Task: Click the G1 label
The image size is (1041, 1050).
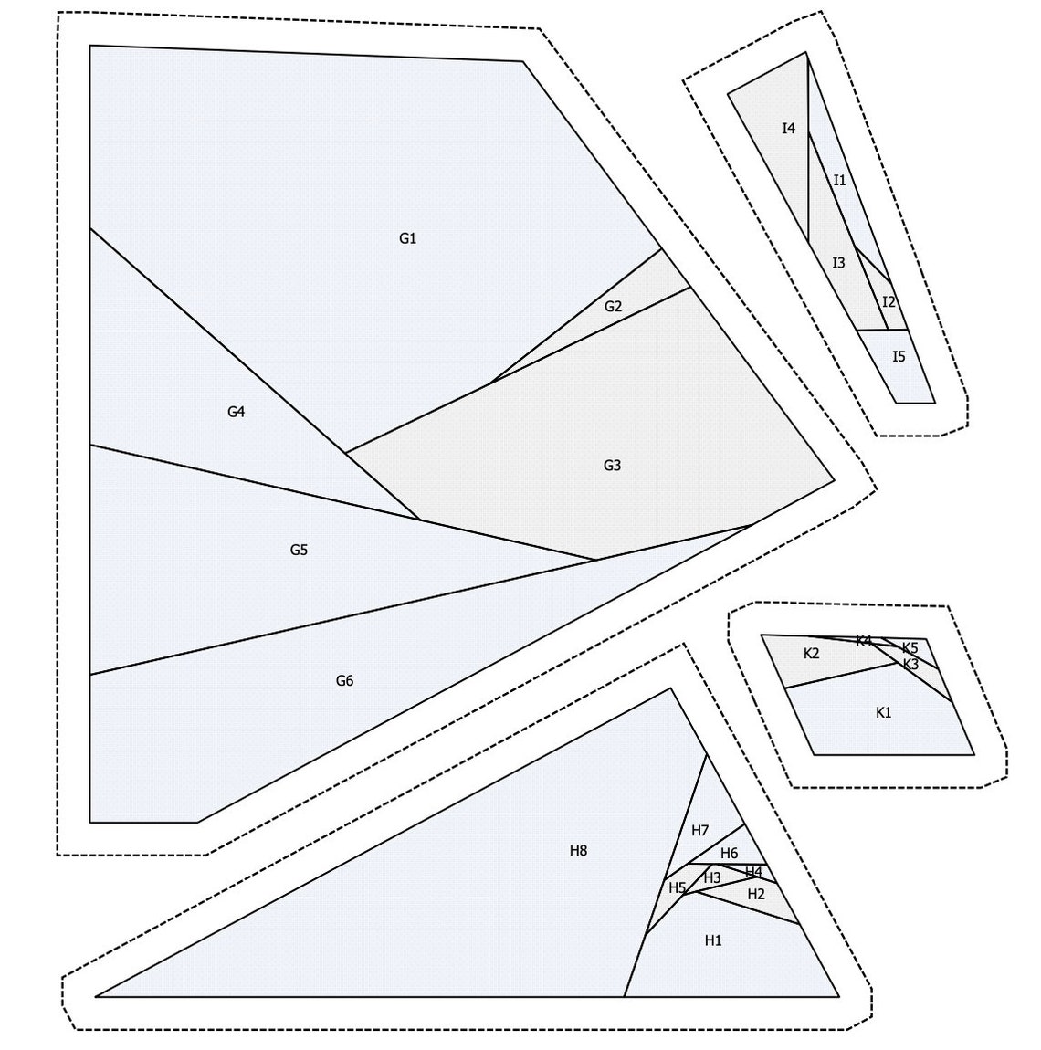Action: pos(407,239)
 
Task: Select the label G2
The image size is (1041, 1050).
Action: pos(613,307)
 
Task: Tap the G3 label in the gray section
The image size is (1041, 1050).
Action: pos(612,466)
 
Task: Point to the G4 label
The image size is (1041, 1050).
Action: pos(236,412)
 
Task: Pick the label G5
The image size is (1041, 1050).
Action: pos(299,550)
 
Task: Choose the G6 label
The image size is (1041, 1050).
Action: pos(344,680)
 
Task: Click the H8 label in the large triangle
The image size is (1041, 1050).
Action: pos(578,851)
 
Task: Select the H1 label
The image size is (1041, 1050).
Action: pos(713,940)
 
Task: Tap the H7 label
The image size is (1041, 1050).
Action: pos(699,831)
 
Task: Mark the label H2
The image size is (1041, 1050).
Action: pos(756,894)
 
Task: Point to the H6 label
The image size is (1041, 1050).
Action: pos(729,854)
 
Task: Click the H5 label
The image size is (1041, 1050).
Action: pos(677,887)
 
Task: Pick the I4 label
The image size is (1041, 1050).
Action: pos(788,129)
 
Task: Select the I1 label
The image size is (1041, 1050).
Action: pos(839,181)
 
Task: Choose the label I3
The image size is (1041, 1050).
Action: pos(838,263)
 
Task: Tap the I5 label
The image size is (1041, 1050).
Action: pos(899,357)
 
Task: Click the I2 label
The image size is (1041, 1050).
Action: pos(889,302)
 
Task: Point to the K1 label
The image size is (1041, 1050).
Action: pos(883,712)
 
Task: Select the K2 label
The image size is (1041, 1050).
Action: pos(811,654)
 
